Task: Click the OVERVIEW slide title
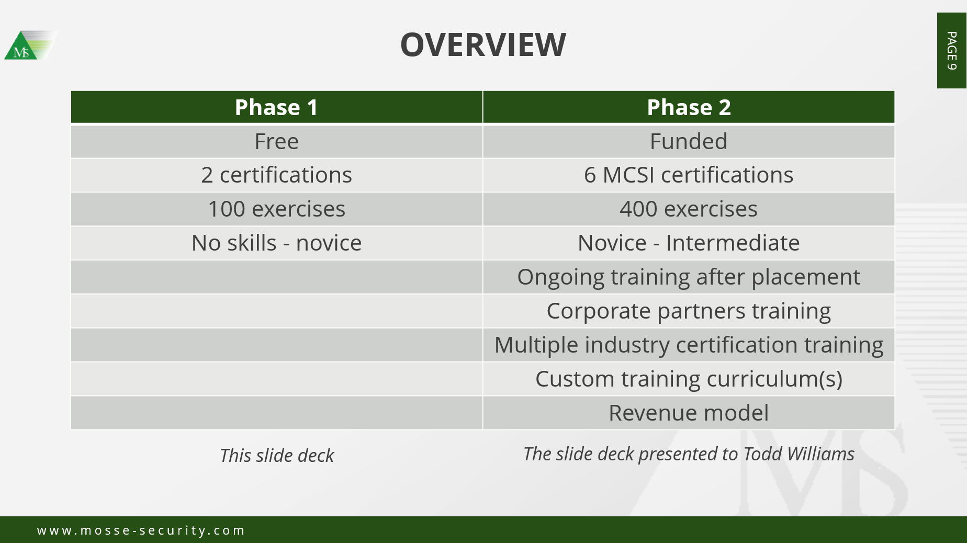click(483, 44)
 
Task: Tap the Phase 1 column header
click(276, 107)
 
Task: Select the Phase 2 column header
click(689, 107)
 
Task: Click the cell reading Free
click(276, 141)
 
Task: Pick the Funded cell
click(689, 141)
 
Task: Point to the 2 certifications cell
click(276, 175)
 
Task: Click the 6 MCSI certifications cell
click(689, 175)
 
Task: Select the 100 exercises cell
click(276, 209)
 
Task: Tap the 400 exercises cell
click(689, 209)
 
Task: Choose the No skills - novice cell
click(276, 243)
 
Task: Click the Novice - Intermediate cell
click(689, 243)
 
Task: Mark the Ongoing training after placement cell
click(689, 277)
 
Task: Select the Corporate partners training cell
click(689, 311)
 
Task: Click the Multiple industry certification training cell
click(689, 345)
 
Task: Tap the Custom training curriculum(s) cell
click(689, 379)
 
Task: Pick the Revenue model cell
click(689, 413)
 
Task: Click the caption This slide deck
click(277, 455)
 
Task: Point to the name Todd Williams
click(799, 454)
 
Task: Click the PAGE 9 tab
click(951, 50)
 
